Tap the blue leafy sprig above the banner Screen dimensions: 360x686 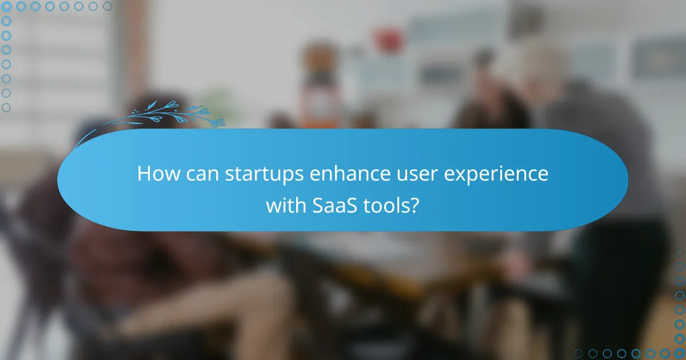[x=171, y=114]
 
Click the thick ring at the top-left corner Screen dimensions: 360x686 [x=7, y=7]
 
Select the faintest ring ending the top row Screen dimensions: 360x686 [x=107, y=7]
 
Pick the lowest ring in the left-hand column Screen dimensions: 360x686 [x=7, y=107]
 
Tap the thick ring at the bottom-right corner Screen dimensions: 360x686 [x=679, y=353]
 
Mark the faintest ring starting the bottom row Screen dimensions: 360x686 [x=579, y=353]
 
